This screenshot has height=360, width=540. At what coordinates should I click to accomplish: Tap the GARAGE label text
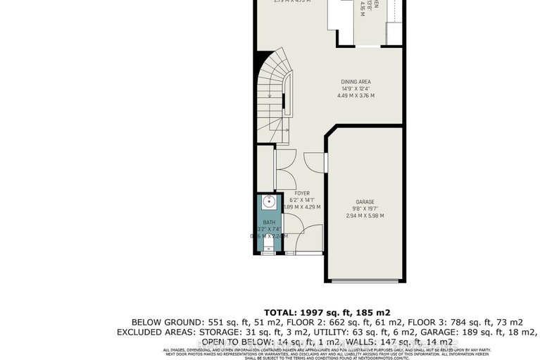[364, 200]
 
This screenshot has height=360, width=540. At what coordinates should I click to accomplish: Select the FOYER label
[302, 192]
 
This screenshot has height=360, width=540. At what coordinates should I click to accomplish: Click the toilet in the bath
[267, 243]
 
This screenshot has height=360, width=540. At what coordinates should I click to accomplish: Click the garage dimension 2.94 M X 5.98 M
[364, 216]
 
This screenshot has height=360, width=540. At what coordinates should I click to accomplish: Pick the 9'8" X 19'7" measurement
[364, 208]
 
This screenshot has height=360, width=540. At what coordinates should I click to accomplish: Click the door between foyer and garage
[325, 163]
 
